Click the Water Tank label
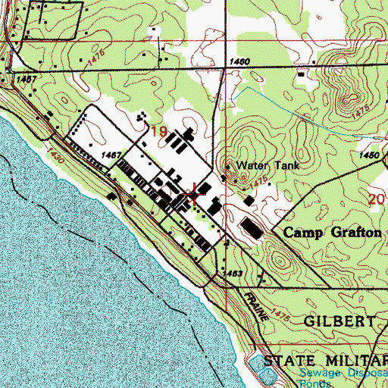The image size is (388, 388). [258, 165]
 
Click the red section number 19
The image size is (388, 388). [158, 132]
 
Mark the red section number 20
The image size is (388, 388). [377, 199]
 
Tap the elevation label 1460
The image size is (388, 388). [239, 61]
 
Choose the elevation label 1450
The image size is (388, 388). [369, 155]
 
